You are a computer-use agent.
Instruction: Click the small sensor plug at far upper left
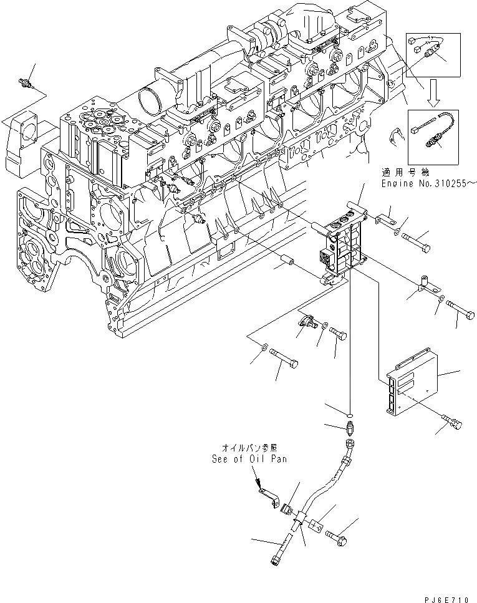pos(27,83)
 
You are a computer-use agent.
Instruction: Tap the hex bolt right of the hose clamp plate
pos(338,534)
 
